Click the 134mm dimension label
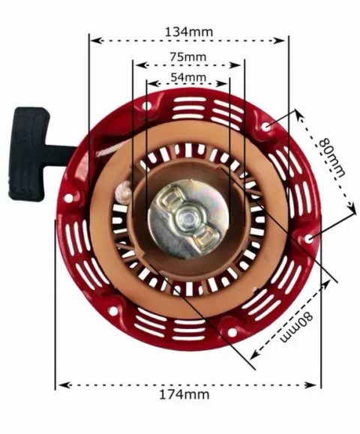pyautogui.click(x=189, y=31)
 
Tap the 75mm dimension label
pyautogui.click(x=188, y=57)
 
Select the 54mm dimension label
pyautogui.click(x=188, y=77)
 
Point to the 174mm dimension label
pyautogui.click(x=184, y=394)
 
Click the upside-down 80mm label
pyautogui.click(x=295, y=326)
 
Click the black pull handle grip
pyautogui.click(x=28, y=154)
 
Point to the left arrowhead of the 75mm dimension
pyautogui.click(x=141, y=65)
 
